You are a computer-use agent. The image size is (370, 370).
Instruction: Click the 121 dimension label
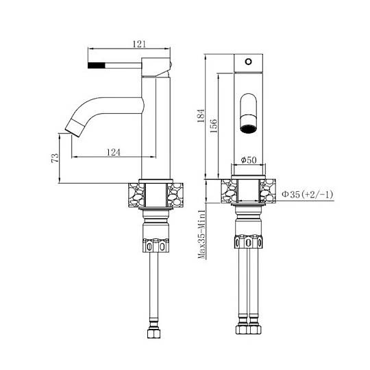140,44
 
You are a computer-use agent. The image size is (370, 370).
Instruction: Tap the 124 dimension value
114,152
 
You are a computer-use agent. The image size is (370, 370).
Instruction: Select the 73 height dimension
55,158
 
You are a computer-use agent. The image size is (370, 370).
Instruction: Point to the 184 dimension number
201,116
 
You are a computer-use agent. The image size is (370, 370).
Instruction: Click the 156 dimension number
214,126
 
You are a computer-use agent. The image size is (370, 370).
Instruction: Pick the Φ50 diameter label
249,160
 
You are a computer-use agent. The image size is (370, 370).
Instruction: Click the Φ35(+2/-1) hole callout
308,195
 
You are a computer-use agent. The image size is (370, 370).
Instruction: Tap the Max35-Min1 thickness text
202,234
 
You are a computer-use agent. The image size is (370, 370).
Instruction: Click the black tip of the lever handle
97,65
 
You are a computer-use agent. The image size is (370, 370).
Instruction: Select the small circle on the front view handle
248,62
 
